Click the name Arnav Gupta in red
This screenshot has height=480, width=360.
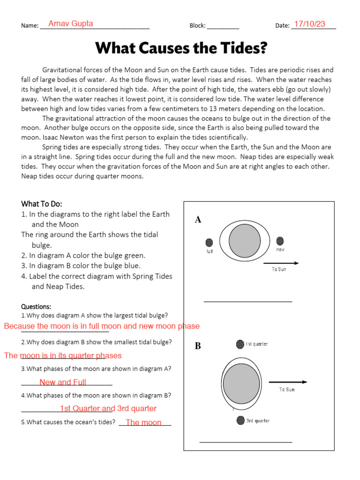point(71,23)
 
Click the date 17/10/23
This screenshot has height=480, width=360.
point(309,24)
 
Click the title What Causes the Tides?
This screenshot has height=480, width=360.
point(181,48)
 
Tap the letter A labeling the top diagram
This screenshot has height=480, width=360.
point(198,220)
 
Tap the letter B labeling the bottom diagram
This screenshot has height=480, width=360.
point(198,346)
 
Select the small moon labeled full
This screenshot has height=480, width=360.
point(209,242)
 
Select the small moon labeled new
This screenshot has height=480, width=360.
point(280,241)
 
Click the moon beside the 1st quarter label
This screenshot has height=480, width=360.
point(240,344)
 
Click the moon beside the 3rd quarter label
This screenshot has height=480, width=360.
point(240,420)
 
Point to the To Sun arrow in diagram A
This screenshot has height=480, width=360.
point(281,263)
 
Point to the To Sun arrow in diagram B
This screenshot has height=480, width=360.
point(288,382)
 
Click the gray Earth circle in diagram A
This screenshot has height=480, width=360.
point(244,240)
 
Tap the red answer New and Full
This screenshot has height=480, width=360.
point(63,382)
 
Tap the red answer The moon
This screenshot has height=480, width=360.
point(143,422)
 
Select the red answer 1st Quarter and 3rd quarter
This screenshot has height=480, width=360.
point(108,408)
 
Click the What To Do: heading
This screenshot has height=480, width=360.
point(42,204)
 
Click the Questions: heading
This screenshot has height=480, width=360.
point(36,307)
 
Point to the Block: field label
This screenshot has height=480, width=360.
point(197,26)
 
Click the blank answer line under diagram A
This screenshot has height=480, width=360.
point(248,301)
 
